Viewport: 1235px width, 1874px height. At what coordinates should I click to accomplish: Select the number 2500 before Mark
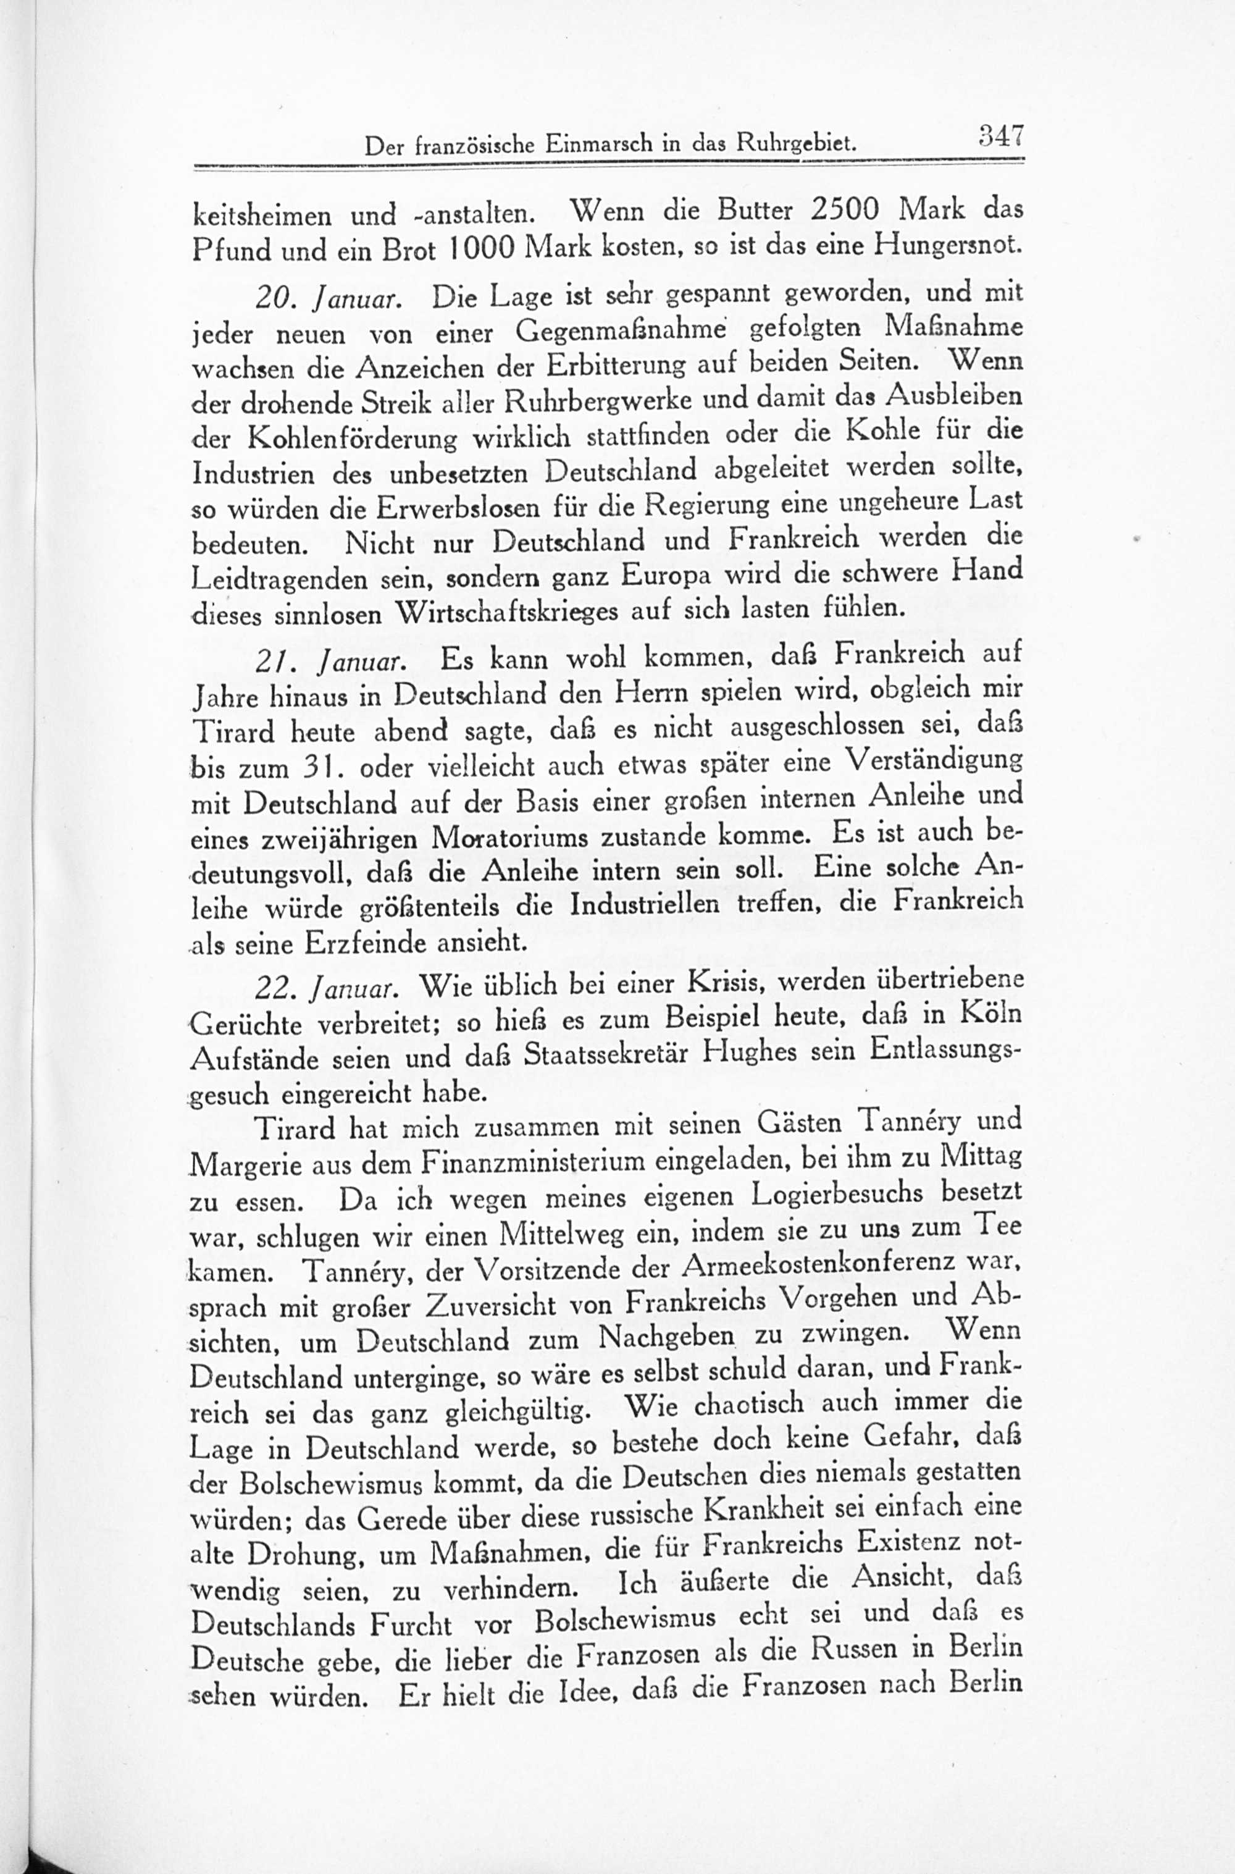tap(844, 211)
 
